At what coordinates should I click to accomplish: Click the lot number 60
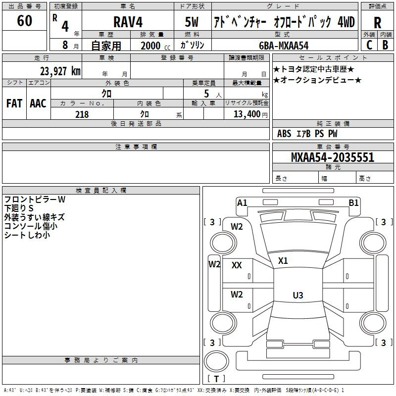pos(24,21)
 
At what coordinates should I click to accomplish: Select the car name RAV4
pos(128,23)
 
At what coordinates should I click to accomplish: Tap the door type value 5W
pos(193,23)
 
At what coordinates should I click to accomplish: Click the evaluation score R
pos(377,23)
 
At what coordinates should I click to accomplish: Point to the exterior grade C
pos(369,45)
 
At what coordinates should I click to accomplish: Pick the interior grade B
pos(385,45)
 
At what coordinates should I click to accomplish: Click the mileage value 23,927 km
pos(60,71)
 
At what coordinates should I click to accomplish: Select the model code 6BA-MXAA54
pos(284,46)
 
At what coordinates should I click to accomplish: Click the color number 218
pos(82,114)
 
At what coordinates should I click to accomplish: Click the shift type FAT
pos(14,103)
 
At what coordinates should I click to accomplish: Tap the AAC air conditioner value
pos(38,103)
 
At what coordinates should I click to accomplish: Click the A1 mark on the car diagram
pos(242,202)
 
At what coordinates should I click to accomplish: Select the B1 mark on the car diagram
pos(353,202)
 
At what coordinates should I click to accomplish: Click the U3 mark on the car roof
pos(297,296)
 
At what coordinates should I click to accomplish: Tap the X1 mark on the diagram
pos(283,260)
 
